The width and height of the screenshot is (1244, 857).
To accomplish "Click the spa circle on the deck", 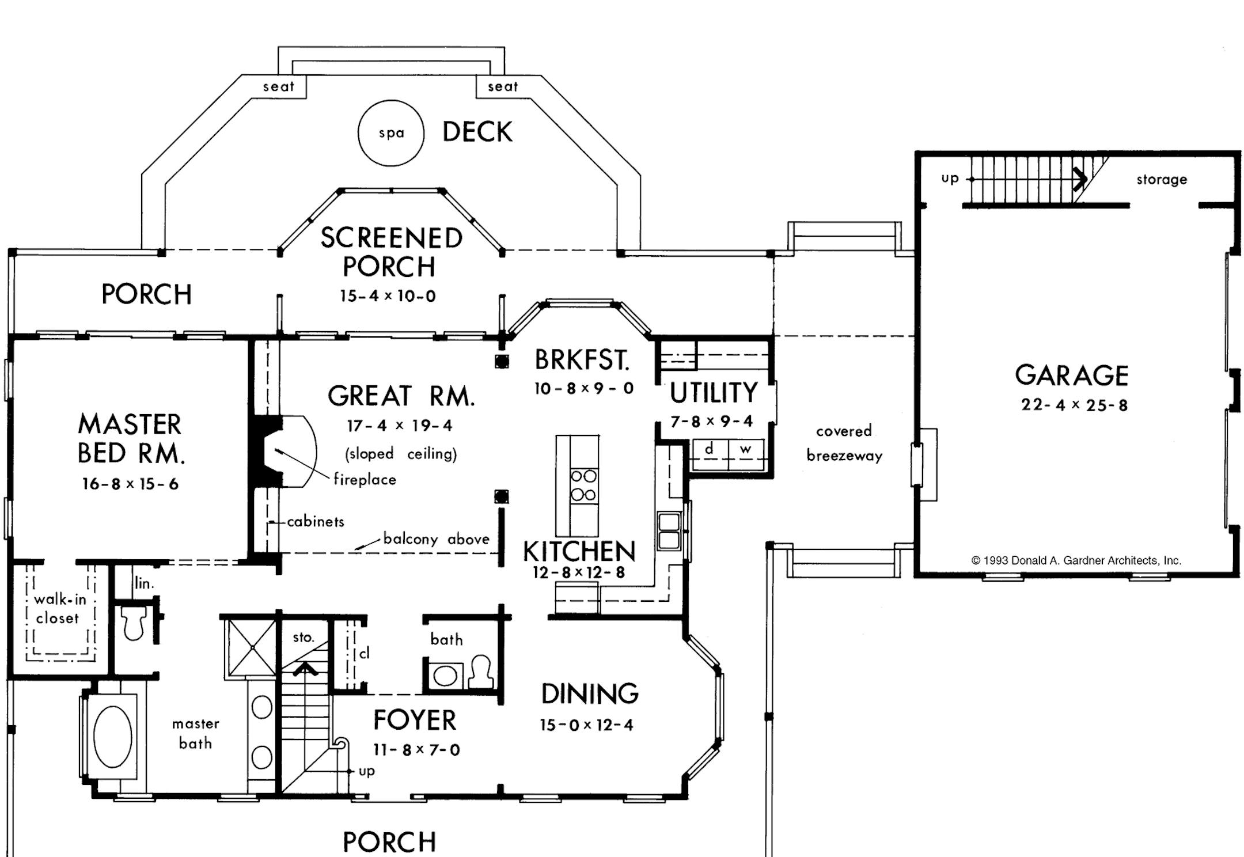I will pos(391,133).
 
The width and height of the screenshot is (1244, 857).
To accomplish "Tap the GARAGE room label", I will pos(1072,376).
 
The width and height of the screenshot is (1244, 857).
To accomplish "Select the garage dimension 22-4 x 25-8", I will pos(1074,405).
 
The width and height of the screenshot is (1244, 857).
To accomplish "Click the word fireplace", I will pos(365,479).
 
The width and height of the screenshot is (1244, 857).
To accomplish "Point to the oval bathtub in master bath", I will pos(112,737).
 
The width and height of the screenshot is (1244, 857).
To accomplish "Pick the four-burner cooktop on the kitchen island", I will pos(583,486).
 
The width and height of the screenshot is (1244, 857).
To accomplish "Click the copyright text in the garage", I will pos(1076,560).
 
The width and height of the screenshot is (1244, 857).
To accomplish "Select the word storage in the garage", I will pos(1161,180).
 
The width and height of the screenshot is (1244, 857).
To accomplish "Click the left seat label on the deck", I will pos(279,87).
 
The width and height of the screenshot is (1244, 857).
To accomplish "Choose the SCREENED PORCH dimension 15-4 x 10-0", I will pos(388,296).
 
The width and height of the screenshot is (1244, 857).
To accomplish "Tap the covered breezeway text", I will pos(844,443).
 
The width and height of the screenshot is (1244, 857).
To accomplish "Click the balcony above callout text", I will pos(436,539).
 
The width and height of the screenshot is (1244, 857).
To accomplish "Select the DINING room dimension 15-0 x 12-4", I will pos(586,725).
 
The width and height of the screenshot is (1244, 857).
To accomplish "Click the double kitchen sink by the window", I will pos(669,531).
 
